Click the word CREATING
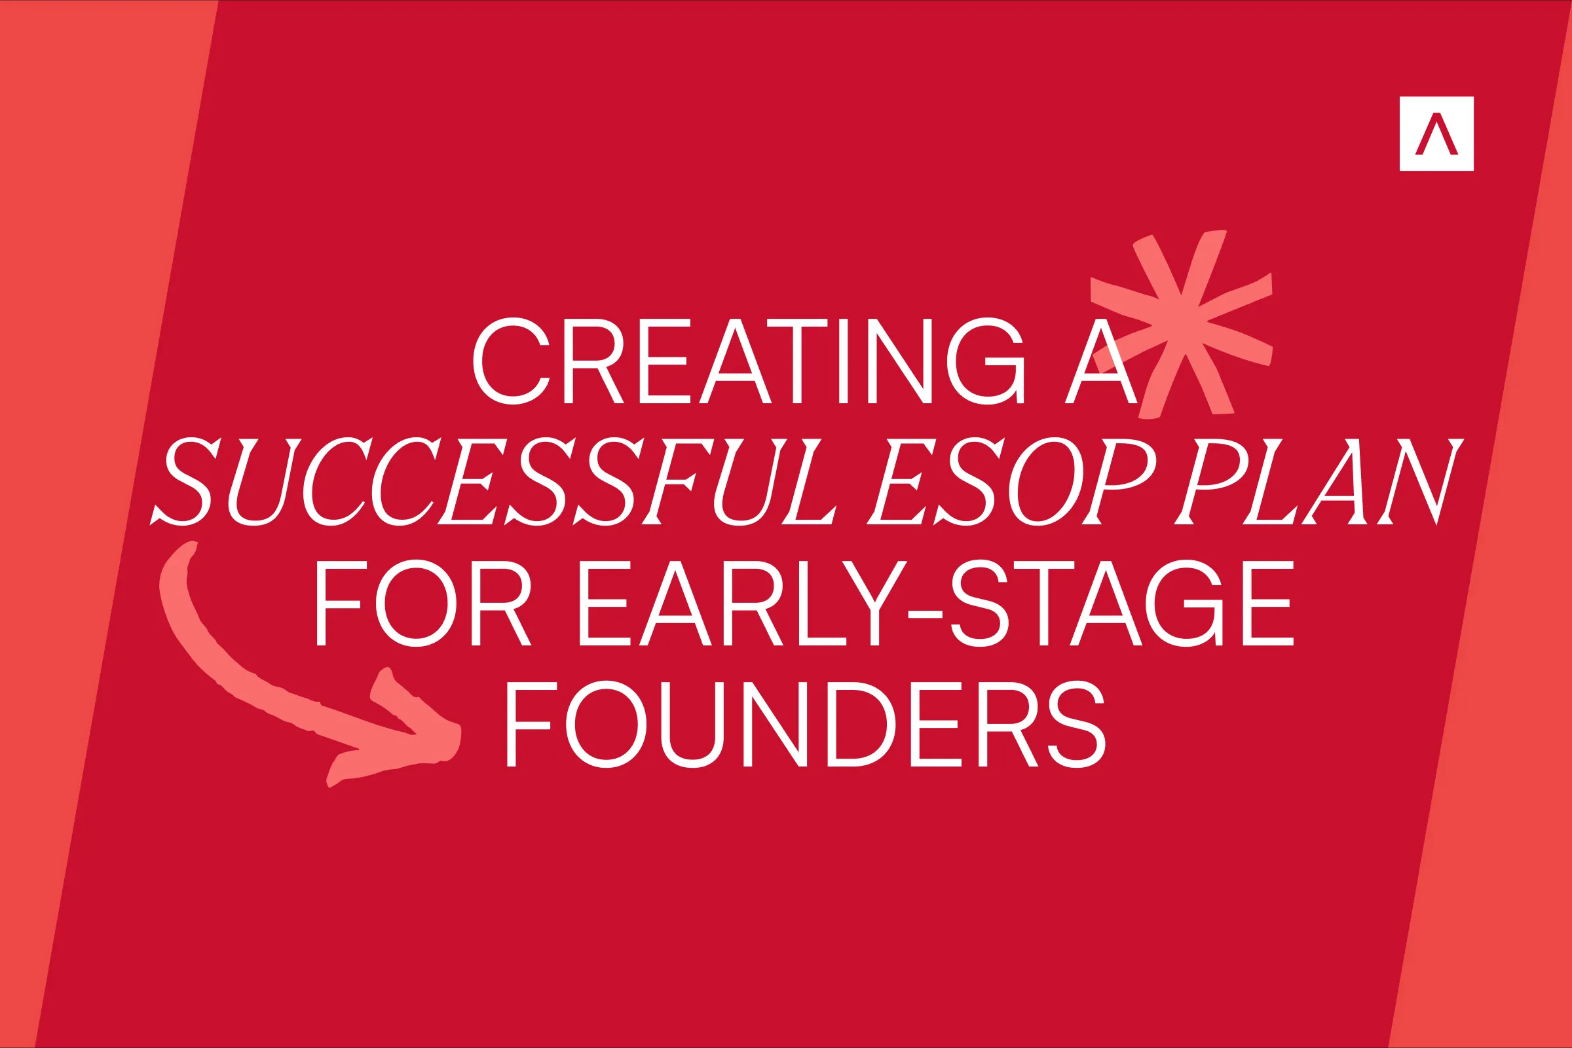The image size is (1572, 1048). click(748, 361)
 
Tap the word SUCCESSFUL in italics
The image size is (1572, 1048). click(495, 481)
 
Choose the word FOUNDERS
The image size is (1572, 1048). click(805, 724)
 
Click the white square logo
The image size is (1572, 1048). click(1436, 134)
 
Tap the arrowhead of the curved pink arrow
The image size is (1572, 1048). click(428, 735)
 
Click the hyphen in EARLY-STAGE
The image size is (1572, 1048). click(926, 615)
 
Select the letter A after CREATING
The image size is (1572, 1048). click(1100, 362)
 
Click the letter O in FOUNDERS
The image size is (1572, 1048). click(606, 724)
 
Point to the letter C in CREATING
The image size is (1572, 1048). click(511, 361)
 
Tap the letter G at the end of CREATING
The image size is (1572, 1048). click(985, 361)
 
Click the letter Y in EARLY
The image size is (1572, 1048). click(874, 603)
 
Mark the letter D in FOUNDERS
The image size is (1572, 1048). click(861, 724)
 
